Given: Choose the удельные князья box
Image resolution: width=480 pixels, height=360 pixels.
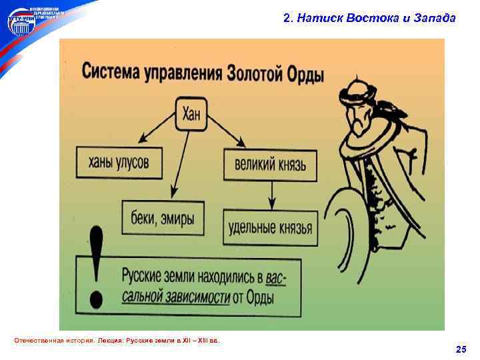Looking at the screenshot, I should [269, 227].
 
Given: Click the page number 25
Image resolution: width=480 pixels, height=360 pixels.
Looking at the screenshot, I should [461, 349].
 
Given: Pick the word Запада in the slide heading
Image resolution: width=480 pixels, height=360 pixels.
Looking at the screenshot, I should [435, 19].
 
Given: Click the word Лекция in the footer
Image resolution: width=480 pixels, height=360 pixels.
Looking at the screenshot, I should [111, 341].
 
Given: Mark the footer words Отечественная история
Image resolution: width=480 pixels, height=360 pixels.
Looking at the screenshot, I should [53, 341].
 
